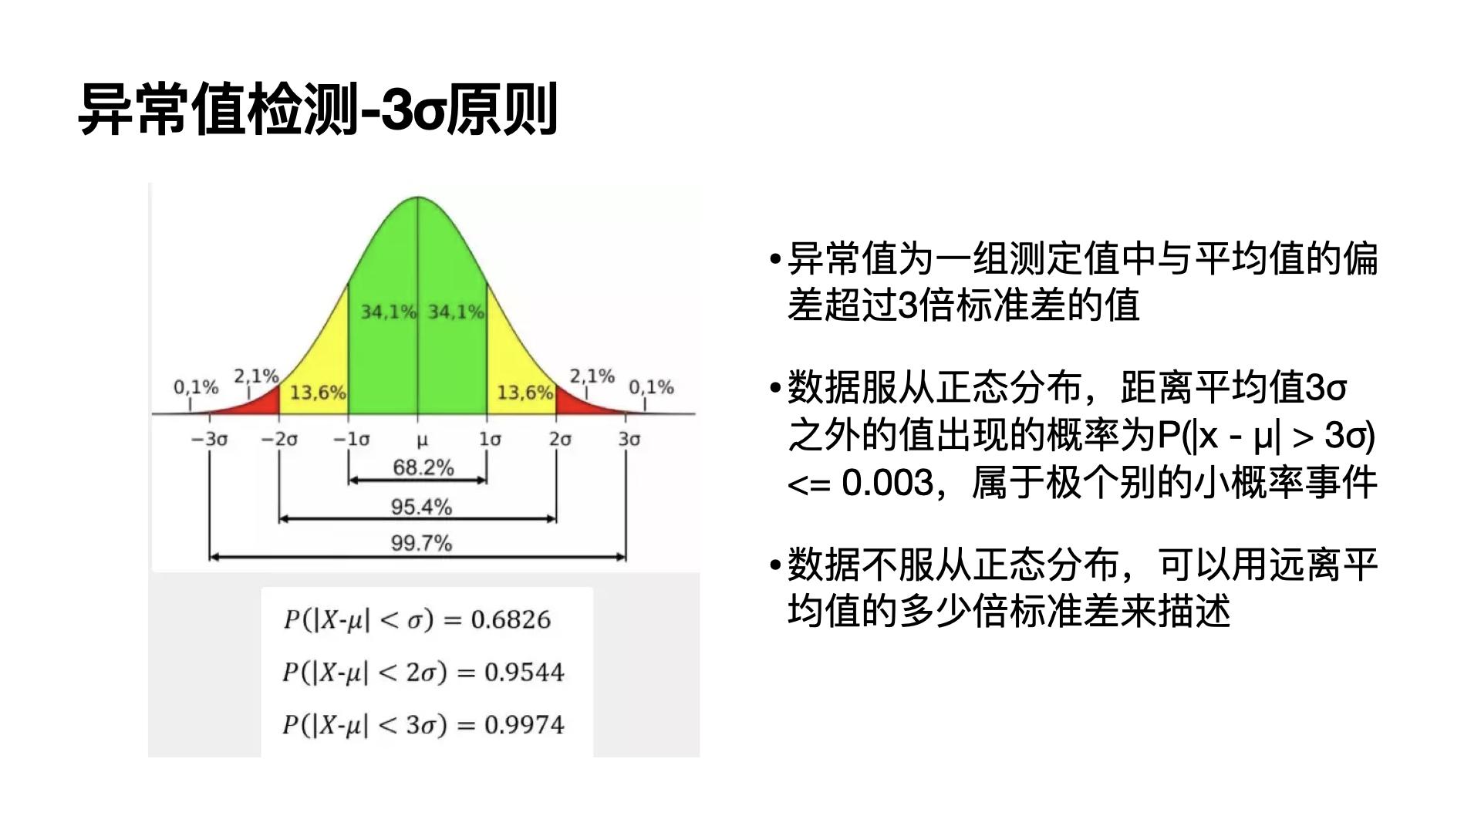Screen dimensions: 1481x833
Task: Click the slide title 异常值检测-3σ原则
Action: (x=318, y=110)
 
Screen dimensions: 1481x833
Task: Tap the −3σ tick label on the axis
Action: (x=210, y=439)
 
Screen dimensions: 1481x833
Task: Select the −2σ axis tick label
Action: (x=279, y=439)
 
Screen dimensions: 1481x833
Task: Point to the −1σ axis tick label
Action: (x=351, y=439)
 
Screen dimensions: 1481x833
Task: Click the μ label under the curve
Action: (x=421, y=440)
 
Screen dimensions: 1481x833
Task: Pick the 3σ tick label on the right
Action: (x=629, y=439)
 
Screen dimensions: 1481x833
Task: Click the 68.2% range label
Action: (x=423, y=467)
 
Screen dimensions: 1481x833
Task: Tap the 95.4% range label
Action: (x=421, y=507)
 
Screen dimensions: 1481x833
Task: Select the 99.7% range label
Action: (x=421, y=543)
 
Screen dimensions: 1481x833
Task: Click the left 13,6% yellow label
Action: (x=318, y=393)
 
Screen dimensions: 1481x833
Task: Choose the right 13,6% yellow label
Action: (x=525, y=393)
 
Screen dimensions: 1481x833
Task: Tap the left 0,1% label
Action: (x=196, y=386)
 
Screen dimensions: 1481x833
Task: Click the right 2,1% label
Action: (x=592, y=376)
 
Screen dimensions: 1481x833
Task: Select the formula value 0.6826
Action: (x=511, y=619)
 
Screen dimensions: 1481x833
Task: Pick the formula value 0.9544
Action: (x=525, y=673)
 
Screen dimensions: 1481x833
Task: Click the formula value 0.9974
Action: (x=525, y=725)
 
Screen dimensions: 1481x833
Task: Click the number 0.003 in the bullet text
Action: (x=887, y=483)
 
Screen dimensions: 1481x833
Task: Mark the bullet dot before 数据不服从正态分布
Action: (x=776, y=565)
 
